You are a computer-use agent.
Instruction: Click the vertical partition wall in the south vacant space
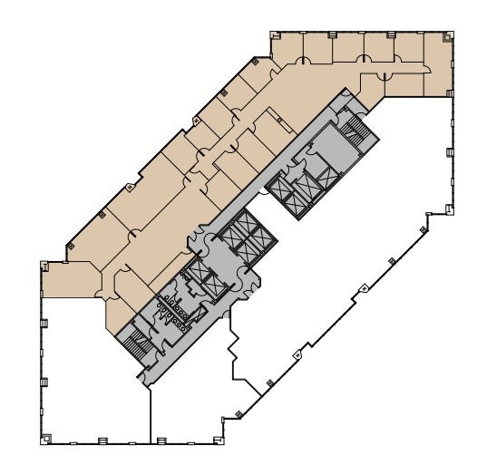pyautogui.click(x=148, y=412)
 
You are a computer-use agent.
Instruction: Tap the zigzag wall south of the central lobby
pyautogui.click(x=238, y=354)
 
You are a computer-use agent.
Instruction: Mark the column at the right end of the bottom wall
pyautogui.click(x=220, y=441)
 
